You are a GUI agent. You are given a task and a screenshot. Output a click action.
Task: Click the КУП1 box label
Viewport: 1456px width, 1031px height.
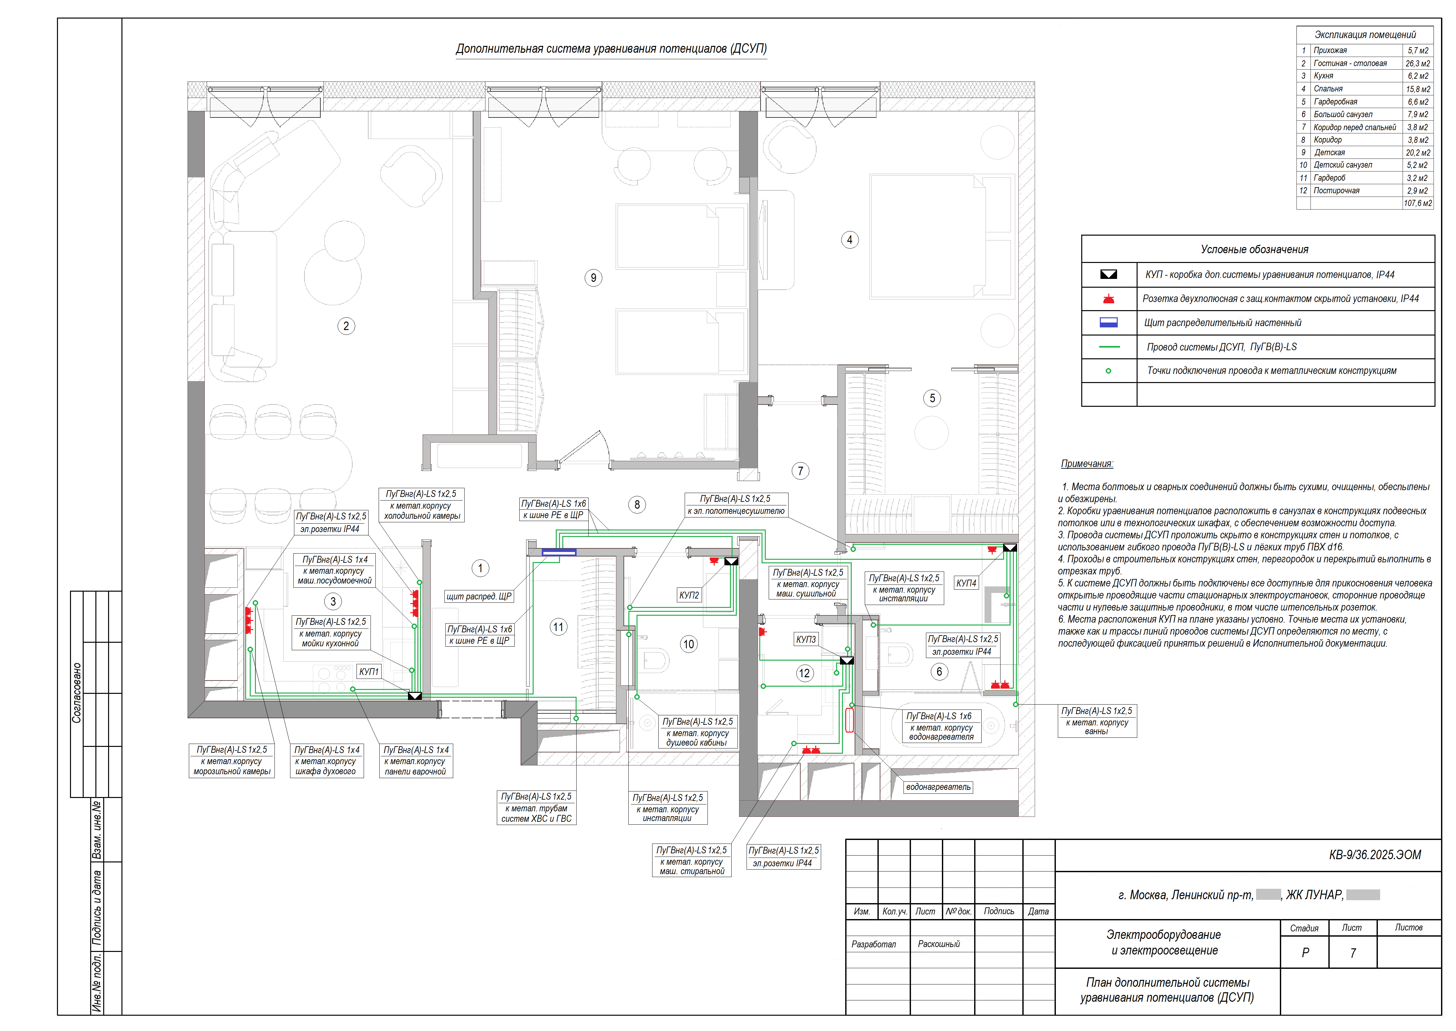(x=369, y=672)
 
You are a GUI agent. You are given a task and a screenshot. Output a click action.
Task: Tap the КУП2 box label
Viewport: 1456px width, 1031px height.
(x=689, y=596)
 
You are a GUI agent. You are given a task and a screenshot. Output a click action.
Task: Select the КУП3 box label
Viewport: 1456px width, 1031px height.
(x=806, y=639)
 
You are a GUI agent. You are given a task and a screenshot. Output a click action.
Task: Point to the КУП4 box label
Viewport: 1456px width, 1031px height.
(x=966, y=583)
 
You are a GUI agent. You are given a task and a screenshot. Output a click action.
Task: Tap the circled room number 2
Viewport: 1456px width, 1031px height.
(x=346, y=326)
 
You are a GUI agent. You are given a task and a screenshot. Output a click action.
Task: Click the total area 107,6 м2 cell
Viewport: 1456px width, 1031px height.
(x=1417, y=203)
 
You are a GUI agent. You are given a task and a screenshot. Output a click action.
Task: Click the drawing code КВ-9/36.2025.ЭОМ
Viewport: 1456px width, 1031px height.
(x=1375, y=855)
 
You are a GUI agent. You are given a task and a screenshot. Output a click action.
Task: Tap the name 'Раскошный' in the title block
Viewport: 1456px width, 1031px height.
(x=939, y=944)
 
